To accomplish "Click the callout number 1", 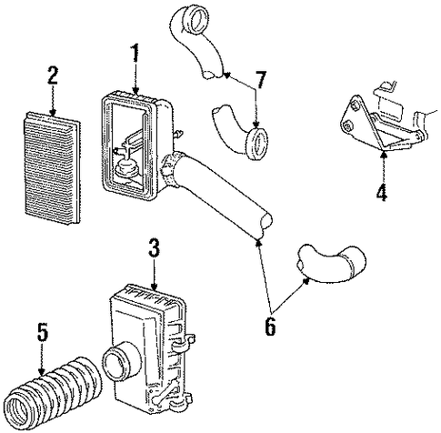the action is click(x=135, y=53).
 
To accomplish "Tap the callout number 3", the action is click(x=154, y=247).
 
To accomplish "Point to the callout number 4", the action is click(x=382, y=192).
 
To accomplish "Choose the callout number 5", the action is click(x=43, y=332).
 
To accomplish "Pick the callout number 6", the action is click(x=270, y=327).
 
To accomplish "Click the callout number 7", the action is click(x=261, y=79).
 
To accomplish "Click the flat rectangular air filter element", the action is click(x=52, y=168).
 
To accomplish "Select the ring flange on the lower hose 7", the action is click(x=257, y=143).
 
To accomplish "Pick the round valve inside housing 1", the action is click(x=126, y=168).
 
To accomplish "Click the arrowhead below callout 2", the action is click(x=53, y=114).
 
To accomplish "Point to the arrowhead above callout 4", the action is click(x=384, y=154).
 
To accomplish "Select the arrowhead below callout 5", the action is click(x=42, y=371).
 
